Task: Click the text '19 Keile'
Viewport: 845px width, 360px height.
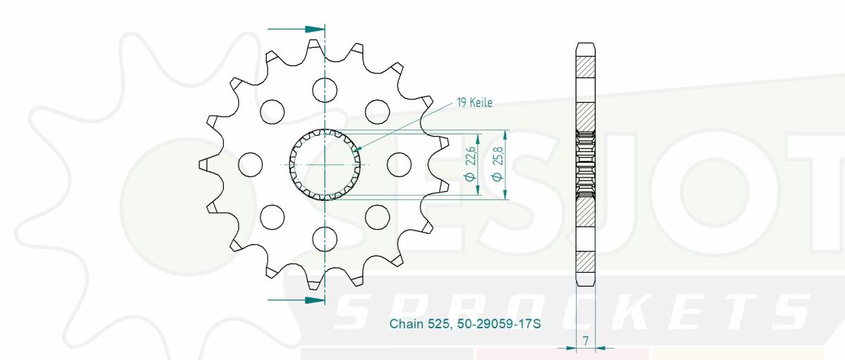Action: tap(475, 103)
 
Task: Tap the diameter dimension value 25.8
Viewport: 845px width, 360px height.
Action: tap(498, 165)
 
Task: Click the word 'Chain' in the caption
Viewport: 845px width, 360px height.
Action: tap(404, 324)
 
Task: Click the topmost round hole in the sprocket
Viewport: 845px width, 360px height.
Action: tap(325, 89)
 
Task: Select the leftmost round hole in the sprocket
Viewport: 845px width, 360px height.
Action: tap(249, 164)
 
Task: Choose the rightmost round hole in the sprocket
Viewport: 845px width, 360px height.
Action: tap(399, 164)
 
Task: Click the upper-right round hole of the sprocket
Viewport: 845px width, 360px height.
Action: tap(377, 111)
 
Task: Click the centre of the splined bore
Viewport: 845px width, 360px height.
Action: tap(325, 164)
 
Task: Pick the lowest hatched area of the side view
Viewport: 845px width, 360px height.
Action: tap(586, 263)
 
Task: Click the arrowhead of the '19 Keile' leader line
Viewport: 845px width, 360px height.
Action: tap(358, 149)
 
